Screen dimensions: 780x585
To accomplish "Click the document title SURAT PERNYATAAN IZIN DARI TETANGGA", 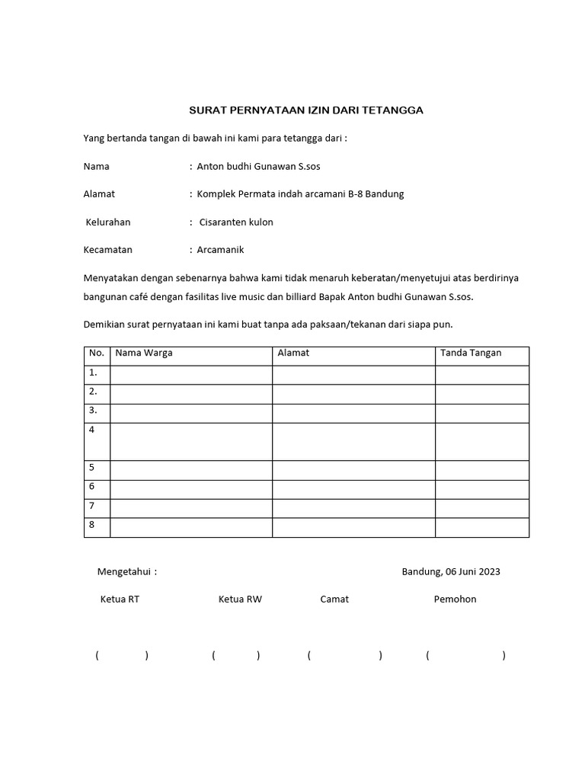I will coord(305,110).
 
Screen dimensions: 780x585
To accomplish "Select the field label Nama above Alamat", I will coord(96,166).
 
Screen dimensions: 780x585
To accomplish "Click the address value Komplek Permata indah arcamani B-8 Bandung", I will coord(300,193).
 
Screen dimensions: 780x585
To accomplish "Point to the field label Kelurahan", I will coord(107,222).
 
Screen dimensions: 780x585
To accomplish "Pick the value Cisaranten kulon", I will coord(236,222).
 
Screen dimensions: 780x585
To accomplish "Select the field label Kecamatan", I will coord(107,250).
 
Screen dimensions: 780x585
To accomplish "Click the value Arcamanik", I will coord(220,250).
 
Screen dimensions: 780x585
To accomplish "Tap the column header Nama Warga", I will coord(143,353).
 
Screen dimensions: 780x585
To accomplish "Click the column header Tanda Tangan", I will coord(471,353).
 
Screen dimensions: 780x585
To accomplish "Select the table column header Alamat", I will coord(293,353).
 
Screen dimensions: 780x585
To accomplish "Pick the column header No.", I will coord(96,353).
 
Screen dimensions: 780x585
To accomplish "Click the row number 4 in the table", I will coord(92,430).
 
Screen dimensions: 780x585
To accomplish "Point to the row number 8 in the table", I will coord(92,525).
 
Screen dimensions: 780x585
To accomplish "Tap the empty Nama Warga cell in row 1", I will coord(191,375).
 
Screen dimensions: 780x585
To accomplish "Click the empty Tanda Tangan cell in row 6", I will coord(481,489).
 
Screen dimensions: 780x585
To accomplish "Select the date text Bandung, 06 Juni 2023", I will coord(451,572).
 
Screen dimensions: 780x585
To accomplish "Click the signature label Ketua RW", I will coord(240,599).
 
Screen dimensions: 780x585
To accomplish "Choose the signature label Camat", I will coord(334,599).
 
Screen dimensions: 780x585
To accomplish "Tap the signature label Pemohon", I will coord(455,599).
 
